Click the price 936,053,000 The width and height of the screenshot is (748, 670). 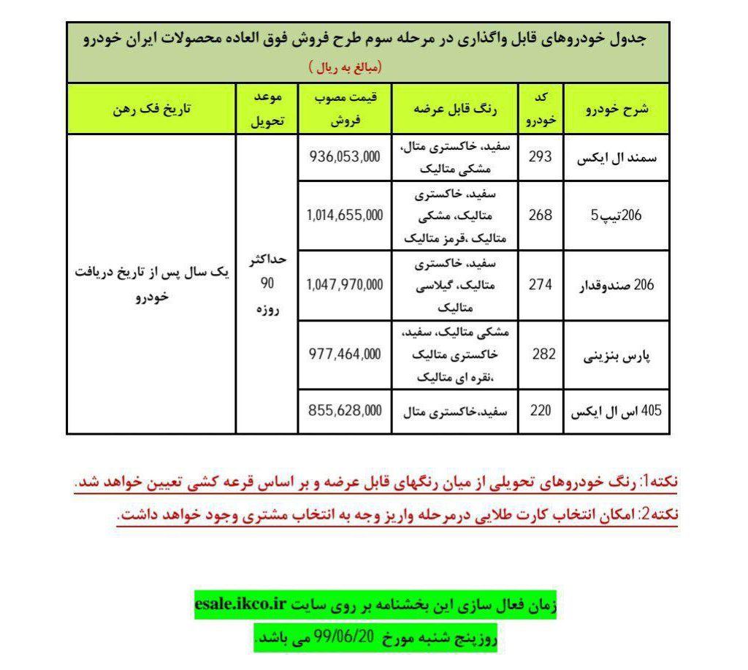pyautogui.click(x=345, y=156)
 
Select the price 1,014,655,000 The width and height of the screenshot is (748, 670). pyautogui.click(x=345, y=216)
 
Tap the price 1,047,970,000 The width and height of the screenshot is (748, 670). pyautogui.click(x=345, y=285)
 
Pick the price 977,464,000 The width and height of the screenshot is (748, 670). pyautogui.click(x=345, y=354)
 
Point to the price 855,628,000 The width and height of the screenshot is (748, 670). pyautogui.click(x=345, y=411)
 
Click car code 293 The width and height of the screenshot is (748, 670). pyautogui.click(x=541, y=156)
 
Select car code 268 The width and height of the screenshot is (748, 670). pyautogui.click(x=541, y=216)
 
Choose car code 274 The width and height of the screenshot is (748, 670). pyautogui.click(x=541, y=285)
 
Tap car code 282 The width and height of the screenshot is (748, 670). pyautogui.click(x=543, y=354)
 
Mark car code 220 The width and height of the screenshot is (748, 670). pyautogui.click(x=541, y=411)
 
